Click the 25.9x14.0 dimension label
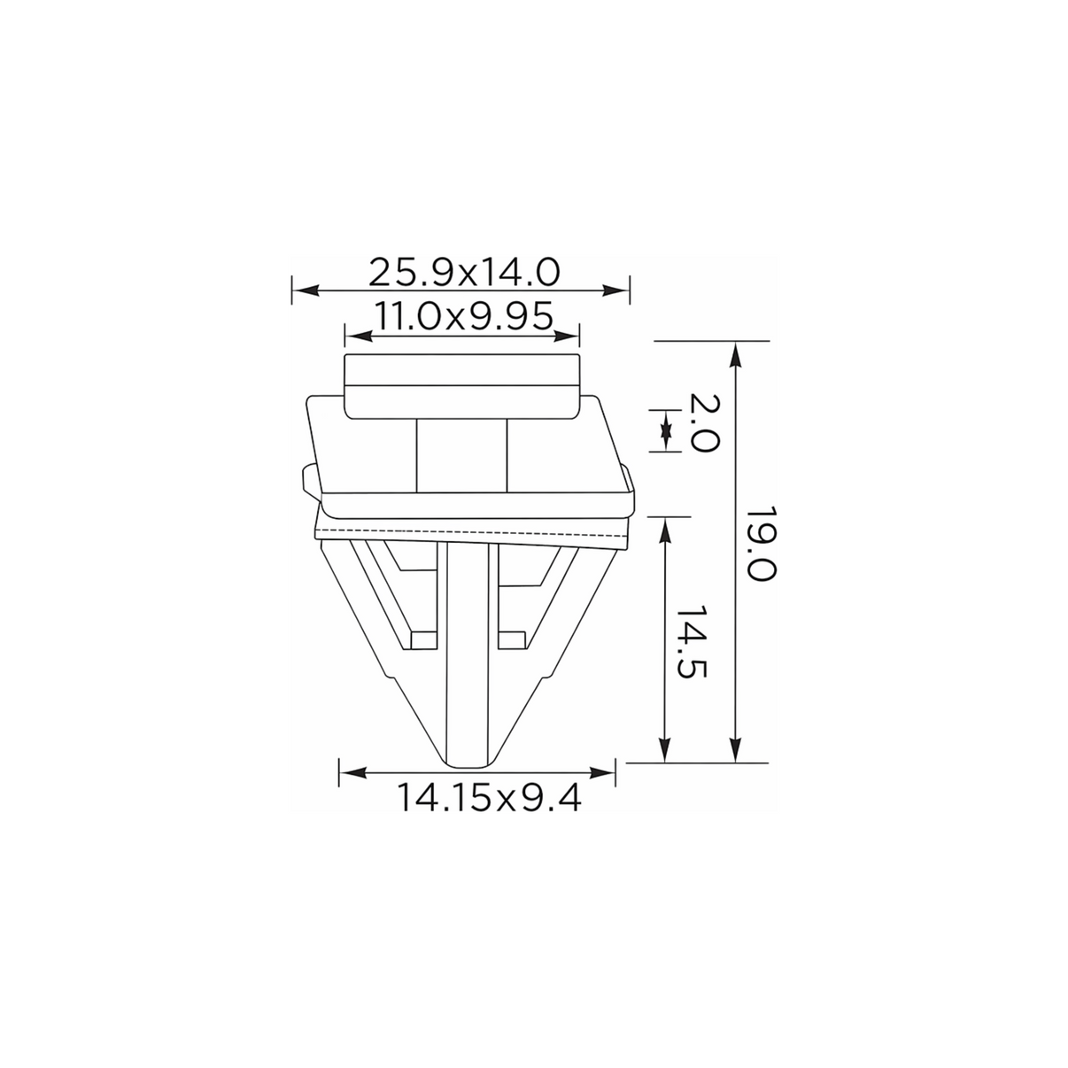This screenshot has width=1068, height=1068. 464,272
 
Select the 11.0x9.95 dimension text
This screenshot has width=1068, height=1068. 464,316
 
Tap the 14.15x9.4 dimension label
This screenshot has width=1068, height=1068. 490,799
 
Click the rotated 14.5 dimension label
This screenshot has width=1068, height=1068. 691,641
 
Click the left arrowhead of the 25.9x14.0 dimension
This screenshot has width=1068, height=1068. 306,290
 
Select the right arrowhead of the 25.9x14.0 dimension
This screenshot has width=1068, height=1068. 615,290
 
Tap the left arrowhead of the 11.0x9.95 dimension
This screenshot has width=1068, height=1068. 358,336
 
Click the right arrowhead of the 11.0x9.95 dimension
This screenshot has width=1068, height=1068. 566,336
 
